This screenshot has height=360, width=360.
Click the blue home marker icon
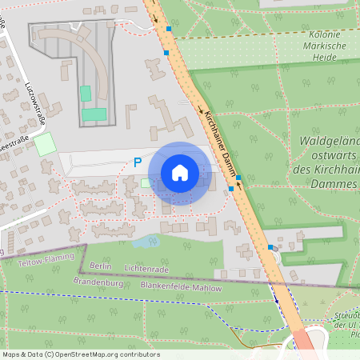180,173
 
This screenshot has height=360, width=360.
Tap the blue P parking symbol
138,162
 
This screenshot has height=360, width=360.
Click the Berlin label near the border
100,266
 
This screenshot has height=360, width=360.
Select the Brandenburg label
97,281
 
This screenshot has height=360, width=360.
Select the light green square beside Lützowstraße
45,145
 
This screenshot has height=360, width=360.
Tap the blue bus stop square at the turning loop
169,29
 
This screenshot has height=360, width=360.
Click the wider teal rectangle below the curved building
94,114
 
